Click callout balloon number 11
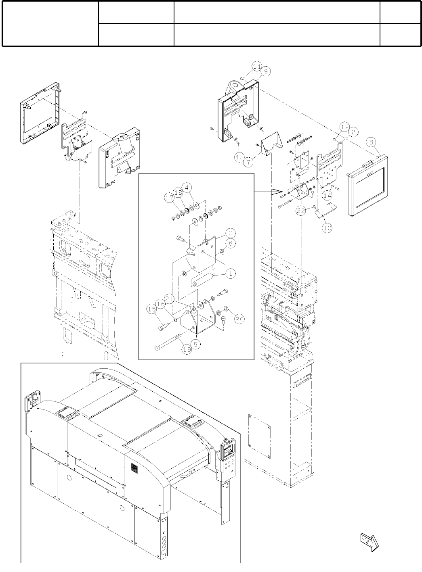(x=257, y=65)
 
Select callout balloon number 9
(x=265, y=71)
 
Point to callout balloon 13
(x=239, y=156)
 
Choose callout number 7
(x=248, y=162)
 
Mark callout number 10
(x=327, y=228)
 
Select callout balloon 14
(x=328, y=195)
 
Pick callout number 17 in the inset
(x=169, y=198)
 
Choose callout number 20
(x=239, y=319)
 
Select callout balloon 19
(x=187, y=350)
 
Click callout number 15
(x=152, y=309)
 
